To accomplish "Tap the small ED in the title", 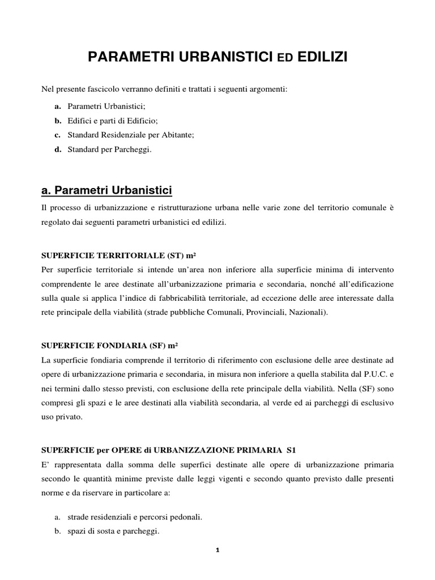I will (283, 58).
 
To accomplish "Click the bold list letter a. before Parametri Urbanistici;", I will (58, 106).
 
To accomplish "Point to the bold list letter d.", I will (58, 150).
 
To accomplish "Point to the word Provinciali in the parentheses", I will (271, 312).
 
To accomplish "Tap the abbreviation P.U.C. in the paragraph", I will (370, 374).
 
